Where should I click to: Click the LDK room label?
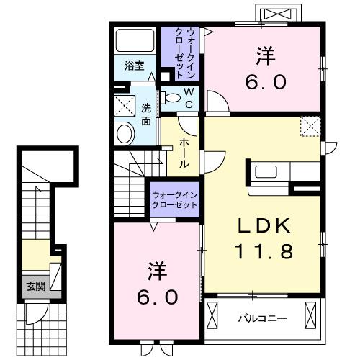pos(264,226)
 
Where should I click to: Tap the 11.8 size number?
pos(264,252)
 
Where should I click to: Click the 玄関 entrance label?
pos(35,284)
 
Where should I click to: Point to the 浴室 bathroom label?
pos(134,66)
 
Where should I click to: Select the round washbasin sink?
pos(125,133)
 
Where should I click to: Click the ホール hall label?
pos(184,152)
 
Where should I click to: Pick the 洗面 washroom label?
pos(146,115)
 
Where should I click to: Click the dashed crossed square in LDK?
pos(312,127)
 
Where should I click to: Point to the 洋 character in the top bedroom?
pos(264,54)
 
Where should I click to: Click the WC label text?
pos(186,97)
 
